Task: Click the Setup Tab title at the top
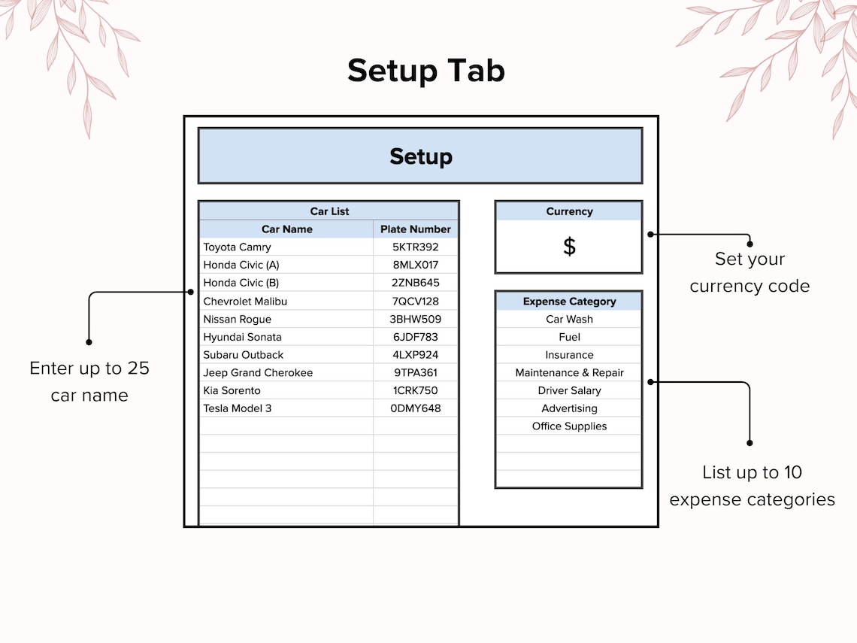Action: [x=425, y=71]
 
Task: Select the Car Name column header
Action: [x=287, y=229]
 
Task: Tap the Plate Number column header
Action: [x=416, y=229]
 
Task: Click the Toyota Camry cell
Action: [x=238, y=247]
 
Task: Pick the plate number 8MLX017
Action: [x=416, y=265]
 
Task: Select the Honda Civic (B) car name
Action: [x=241, y=283]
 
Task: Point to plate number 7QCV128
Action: [x=416, y=302]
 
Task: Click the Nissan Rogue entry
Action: [x=238, y=320]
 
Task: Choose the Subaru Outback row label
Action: [x=244, y=355]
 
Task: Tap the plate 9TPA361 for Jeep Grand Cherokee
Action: [x=416, y=373]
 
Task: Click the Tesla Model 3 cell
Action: [x=238, y=408]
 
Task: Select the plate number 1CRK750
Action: [x=416, y=390]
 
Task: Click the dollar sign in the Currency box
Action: [x=570, y=247]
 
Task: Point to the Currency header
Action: [x=570, y=211]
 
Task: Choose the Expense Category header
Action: [x=570, y=302]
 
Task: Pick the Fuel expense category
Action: [x=570, y=338]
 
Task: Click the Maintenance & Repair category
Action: [x=570, y=373]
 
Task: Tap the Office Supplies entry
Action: [x=570, y=426]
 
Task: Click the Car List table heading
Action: [x=329, y=211]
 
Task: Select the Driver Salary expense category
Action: [x=570, y=390]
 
